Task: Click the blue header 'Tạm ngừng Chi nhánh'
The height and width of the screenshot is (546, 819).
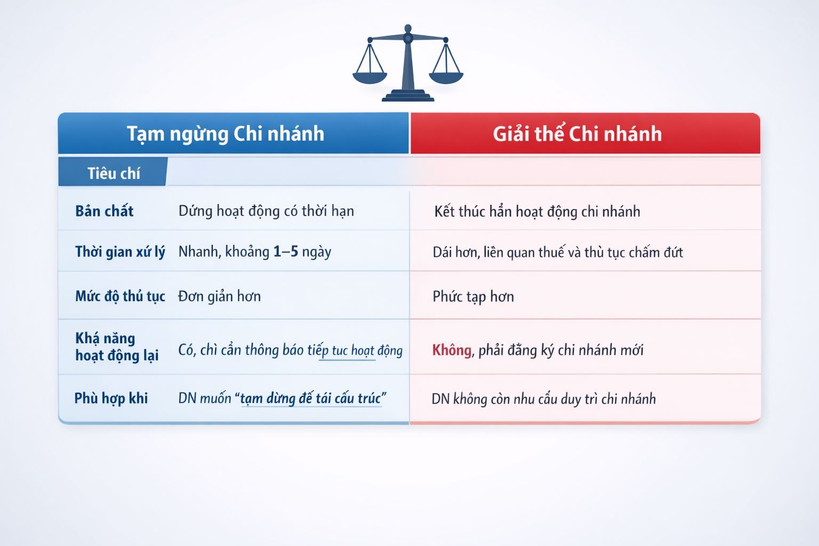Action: pos(226,134)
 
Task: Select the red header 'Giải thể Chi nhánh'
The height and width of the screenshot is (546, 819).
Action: pos(577,133)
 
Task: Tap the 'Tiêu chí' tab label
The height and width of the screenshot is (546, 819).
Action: pos(114,173)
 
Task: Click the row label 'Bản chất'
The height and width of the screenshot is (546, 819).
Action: pos(104,211)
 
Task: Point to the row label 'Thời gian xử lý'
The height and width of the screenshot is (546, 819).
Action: pos(120,252)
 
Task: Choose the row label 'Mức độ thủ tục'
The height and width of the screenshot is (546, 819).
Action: pos(120,296)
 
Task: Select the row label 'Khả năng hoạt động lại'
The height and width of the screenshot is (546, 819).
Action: pos(117,347)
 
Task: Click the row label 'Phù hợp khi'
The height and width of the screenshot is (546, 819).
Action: pos(111,398)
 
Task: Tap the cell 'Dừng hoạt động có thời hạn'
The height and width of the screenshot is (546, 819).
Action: pos(266,211)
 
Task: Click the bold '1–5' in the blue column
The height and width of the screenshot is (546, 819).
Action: pos(286,252)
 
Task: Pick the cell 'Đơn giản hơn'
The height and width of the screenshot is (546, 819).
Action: pos(219,296)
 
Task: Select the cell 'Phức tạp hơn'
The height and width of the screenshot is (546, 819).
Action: pos(473,296)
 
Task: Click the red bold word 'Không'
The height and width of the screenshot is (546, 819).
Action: pos(452,350)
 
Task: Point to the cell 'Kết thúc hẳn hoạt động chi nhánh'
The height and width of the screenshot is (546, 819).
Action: pos(537,212)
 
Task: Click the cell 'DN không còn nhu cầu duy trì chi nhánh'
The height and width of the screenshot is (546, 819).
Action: pos(543,399)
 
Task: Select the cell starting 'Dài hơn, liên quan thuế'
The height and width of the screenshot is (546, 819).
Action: pos(558,252)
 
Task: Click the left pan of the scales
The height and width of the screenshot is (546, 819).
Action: pos(370,77)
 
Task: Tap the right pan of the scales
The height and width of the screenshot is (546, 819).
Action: pos(446,77)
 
